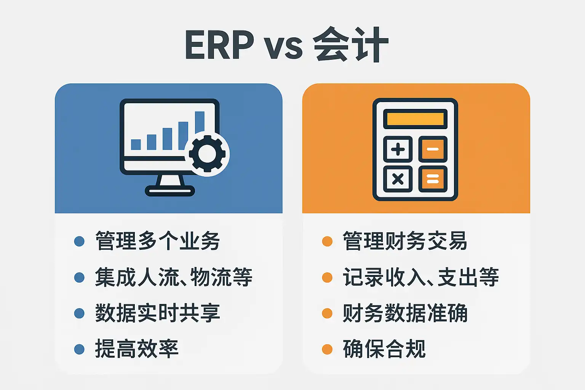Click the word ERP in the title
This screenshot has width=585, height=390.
click(x=219, y=45)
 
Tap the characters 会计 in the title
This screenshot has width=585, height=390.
click(x=350, y=45)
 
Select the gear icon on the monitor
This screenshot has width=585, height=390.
click(x=207, y=153)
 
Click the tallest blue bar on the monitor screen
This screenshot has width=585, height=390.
click(x=200, y=122)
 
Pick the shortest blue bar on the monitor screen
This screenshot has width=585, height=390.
click(x=136, y=144)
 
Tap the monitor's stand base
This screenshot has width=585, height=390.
click(x=170, y=191)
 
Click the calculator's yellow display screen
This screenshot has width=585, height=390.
click(x=415, y=119)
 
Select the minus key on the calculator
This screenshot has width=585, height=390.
click(x=433, y=149)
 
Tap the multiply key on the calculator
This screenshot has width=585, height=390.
click(x=398, y=179)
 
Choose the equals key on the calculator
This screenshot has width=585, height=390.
click(x=433, y=179)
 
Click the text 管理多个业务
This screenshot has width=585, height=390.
click(x=157, y=241)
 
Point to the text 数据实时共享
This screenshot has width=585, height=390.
click(x=157, y=313)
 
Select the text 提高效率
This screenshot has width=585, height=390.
click(x=137, y=349)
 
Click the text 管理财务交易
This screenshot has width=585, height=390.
click(x=405, y=241)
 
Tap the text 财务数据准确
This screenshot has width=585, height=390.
click(x=405, y=313)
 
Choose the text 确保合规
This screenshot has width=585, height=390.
click(x=384, y=349)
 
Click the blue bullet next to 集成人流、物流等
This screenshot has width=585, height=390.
click(x=79, y=277)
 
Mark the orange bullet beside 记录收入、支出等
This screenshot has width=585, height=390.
click(x=327, y=277)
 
